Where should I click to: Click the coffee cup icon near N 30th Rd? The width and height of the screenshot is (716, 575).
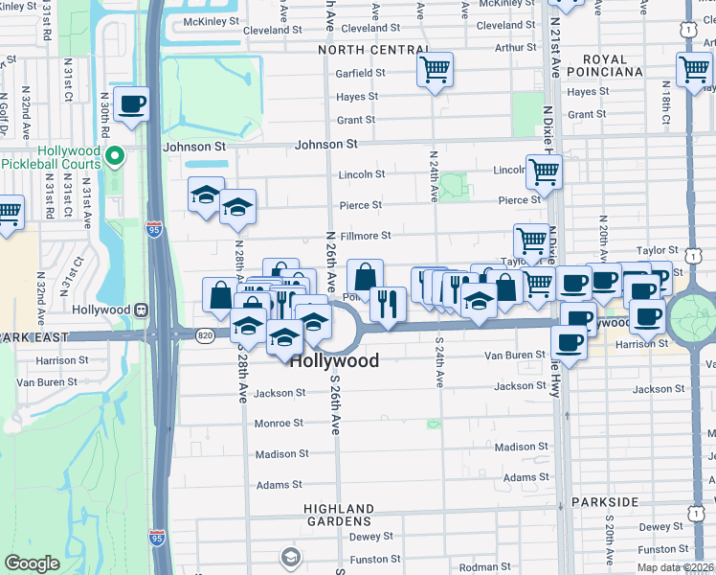(x=132, y=104)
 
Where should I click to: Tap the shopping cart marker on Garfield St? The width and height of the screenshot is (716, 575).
(x=435, y=69)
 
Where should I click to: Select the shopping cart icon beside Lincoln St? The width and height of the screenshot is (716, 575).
(x=544, y=172)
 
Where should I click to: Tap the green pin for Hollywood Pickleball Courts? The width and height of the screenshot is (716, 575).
(x=116, y=155)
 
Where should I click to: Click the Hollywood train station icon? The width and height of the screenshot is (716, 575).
(x=141, y=310)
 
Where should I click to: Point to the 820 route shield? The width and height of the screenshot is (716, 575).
(x=204, y=335)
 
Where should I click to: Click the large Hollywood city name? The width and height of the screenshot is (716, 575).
(x=334, y=361)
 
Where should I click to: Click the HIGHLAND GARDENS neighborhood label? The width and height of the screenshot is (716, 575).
(x=339, y=516)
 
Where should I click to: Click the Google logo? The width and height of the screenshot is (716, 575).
(x=32, y=563)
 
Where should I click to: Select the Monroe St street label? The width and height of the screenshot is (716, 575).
(x=279, y=423)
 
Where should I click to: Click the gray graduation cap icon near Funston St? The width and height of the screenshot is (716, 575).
(x=290, y=556)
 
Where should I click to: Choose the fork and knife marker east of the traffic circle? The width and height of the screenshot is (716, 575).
(x=388, y=304)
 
